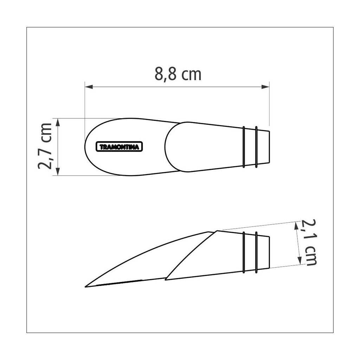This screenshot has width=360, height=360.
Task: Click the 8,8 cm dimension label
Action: (x=178, y=74)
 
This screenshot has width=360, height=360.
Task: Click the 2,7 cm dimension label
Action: (x=46, y=146)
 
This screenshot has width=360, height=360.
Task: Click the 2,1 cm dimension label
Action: (x=309, y=242)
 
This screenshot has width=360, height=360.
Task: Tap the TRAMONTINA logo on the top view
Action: (x=119, y=147)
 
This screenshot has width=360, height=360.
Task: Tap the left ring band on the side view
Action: (x=244, y=252)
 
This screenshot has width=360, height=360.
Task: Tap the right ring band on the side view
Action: (x=256, y=252)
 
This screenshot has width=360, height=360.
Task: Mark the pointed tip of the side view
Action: (x=86, y=287)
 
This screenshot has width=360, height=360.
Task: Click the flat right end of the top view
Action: (x=269, y=147)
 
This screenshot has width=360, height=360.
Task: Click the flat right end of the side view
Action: (x=269, y=252)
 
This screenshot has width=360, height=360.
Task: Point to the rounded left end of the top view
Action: (x=85, y=147)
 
